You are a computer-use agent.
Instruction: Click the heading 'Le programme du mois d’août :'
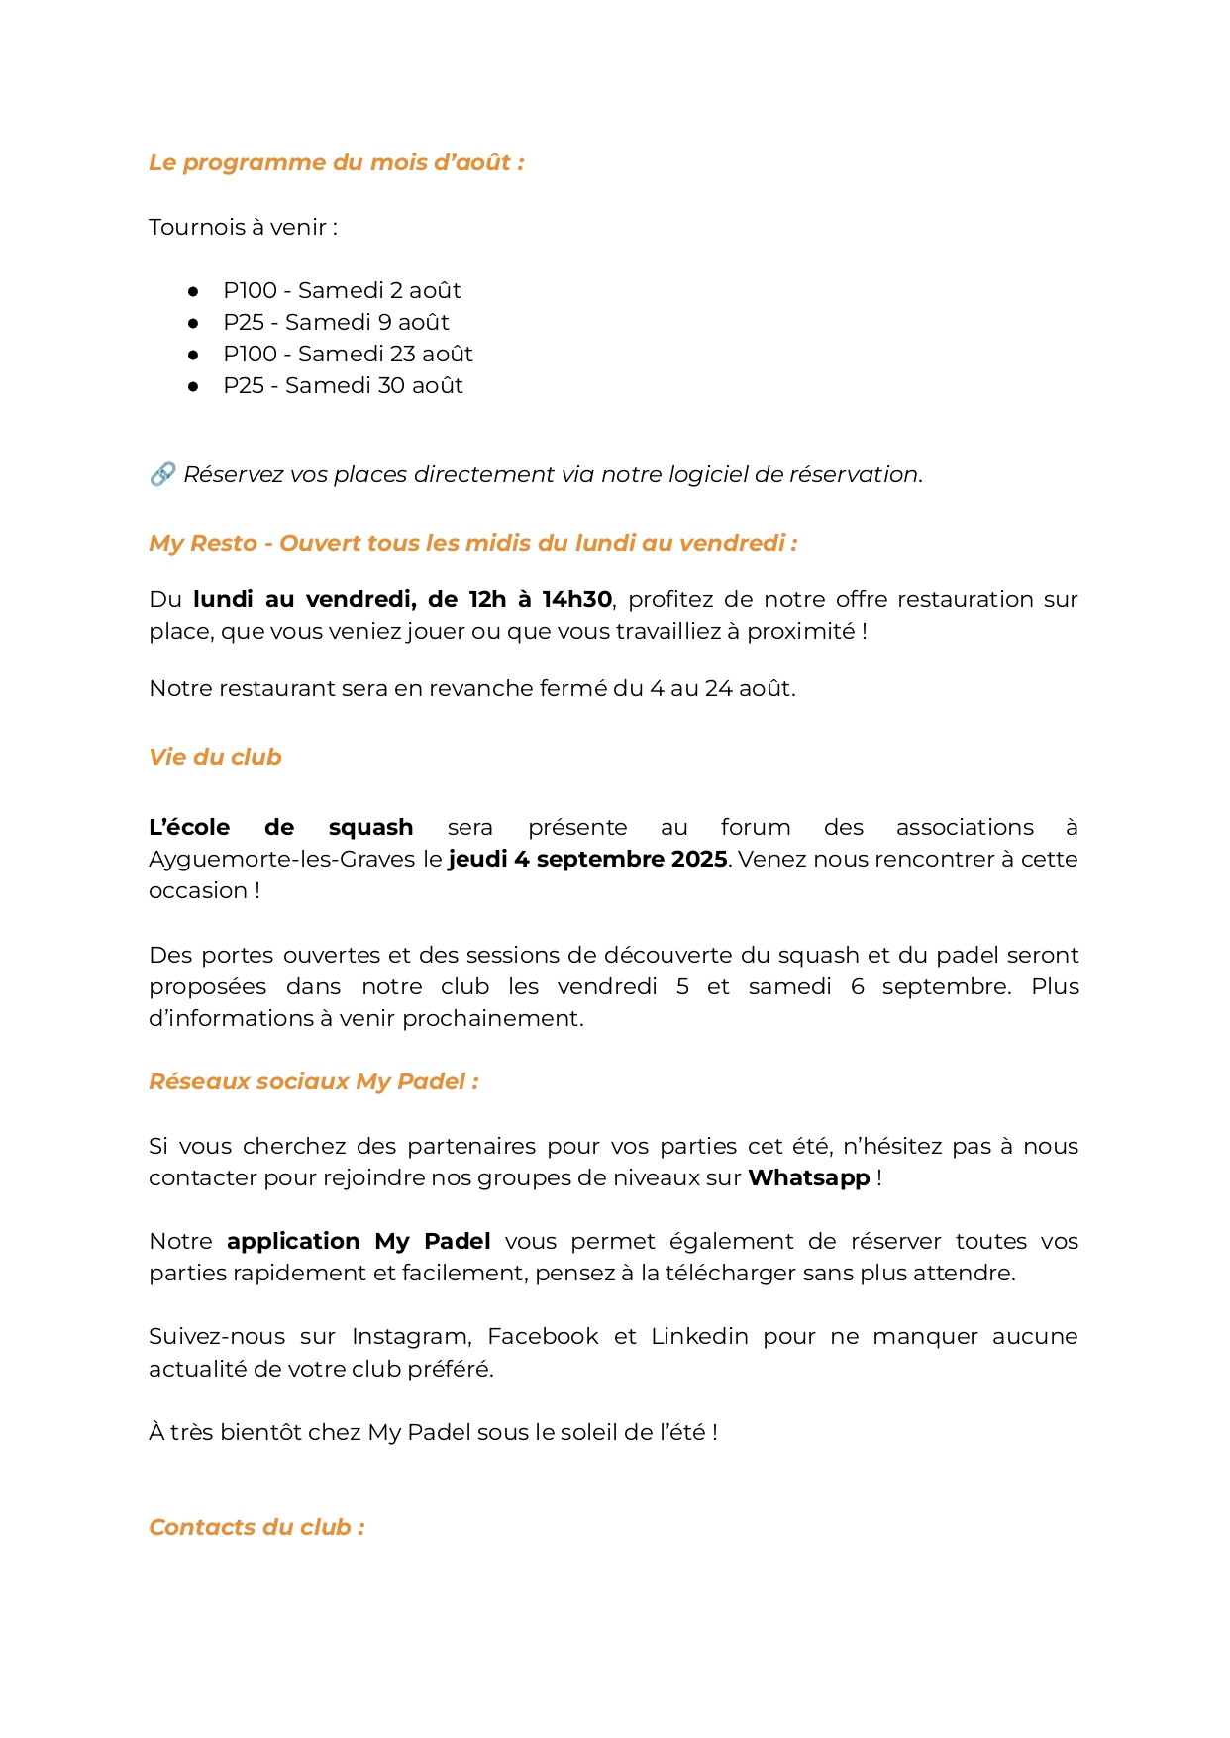tap(336, 162)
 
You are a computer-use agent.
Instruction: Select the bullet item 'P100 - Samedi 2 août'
tap(342, 290)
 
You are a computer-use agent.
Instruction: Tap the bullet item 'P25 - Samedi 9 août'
tap(336, 322)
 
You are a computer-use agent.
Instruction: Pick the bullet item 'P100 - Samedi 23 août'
tap(348, 354)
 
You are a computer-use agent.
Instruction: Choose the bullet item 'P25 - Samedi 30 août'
tap(343, 385)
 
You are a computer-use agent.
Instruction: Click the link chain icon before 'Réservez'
tap(162, 474)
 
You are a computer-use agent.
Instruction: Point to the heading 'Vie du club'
tap(215, 757)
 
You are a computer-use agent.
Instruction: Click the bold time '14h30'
tap(576, 599)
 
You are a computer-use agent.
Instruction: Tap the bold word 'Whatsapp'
tap(808, 1177)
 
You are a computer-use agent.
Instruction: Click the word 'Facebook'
tap(543, 1336)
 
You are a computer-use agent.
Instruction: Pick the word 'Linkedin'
tap(699, 1336)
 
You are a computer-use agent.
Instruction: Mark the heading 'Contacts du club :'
tap(256, 1527)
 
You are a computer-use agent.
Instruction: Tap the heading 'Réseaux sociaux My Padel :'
tap(314, 1081)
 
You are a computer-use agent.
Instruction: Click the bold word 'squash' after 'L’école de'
tap(370, 827)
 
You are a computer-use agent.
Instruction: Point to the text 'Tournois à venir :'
tap(243, 227)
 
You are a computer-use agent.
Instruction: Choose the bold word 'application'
tap(293, 1241)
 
